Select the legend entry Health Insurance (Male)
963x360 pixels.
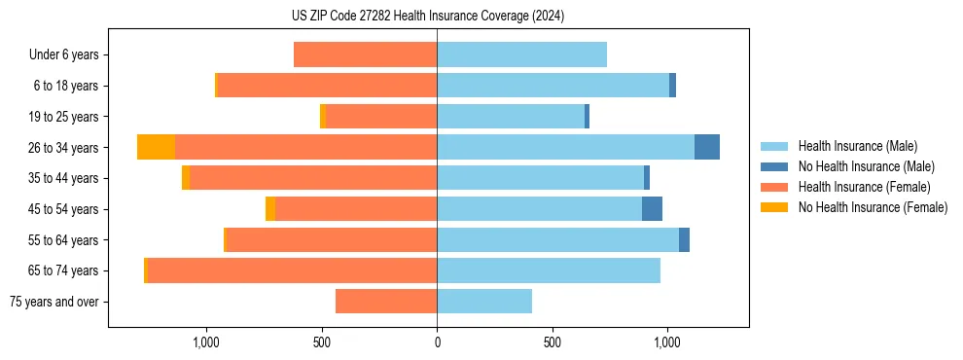pyautogui.click(x=857, y=146)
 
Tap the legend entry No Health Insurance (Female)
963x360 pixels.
pyautogui.click(x=872, y=207)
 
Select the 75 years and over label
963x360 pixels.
pyautogui.click(x=54, y=302)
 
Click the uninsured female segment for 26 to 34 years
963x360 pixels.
pyautogui.click(x=156, y=147)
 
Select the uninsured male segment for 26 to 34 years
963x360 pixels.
pyautogui.click(x=707, y=147)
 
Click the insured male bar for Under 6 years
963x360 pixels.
pyautogui.click(x=521, y=54)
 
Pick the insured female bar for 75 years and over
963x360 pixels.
pyautogui.click(x=386, y=302)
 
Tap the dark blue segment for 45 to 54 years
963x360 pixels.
pyautogui.click(x=652, y=209)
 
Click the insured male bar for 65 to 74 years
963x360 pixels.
pyautogui.click(x=549, y=270)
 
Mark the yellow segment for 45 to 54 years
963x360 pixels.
pyautogui.click(x=270, y=209)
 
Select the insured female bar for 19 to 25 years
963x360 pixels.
pyautogui.click(x=380, y=117)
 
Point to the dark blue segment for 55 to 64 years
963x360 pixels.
pyautogui.click(x=684, y=239)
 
